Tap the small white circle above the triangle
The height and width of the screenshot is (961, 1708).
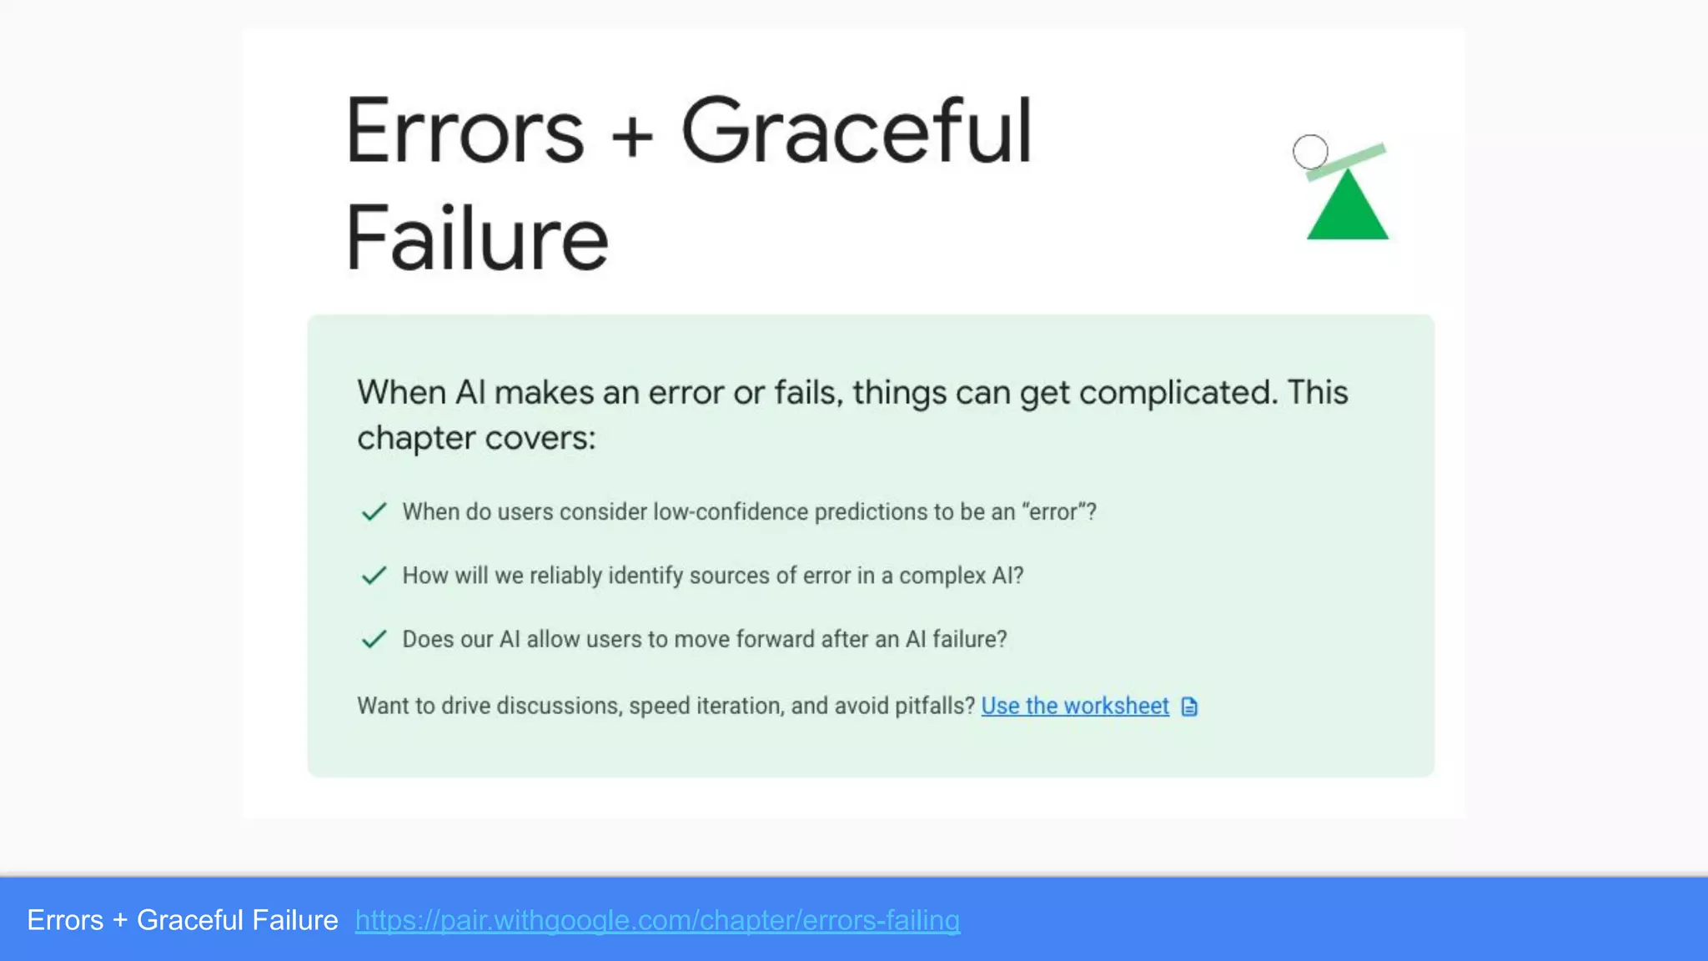coord(1310,152)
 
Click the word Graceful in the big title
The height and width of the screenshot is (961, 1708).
coord(857,132)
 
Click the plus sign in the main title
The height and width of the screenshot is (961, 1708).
coord(632,135)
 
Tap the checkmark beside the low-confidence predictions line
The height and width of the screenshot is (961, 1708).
coord(374,511)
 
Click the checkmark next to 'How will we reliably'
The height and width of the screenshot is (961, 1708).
coord(374,576)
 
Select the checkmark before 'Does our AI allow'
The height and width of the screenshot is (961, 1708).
coord(374,639)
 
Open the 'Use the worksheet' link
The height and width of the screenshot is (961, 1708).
coord(1075,706)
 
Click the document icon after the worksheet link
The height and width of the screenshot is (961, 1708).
coord(1189,707)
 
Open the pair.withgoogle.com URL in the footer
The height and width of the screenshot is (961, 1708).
coord(657,920)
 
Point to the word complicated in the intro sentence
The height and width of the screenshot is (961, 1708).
coord(1178,392)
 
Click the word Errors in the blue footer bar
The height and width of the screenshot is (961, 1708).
coord(65,920)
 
